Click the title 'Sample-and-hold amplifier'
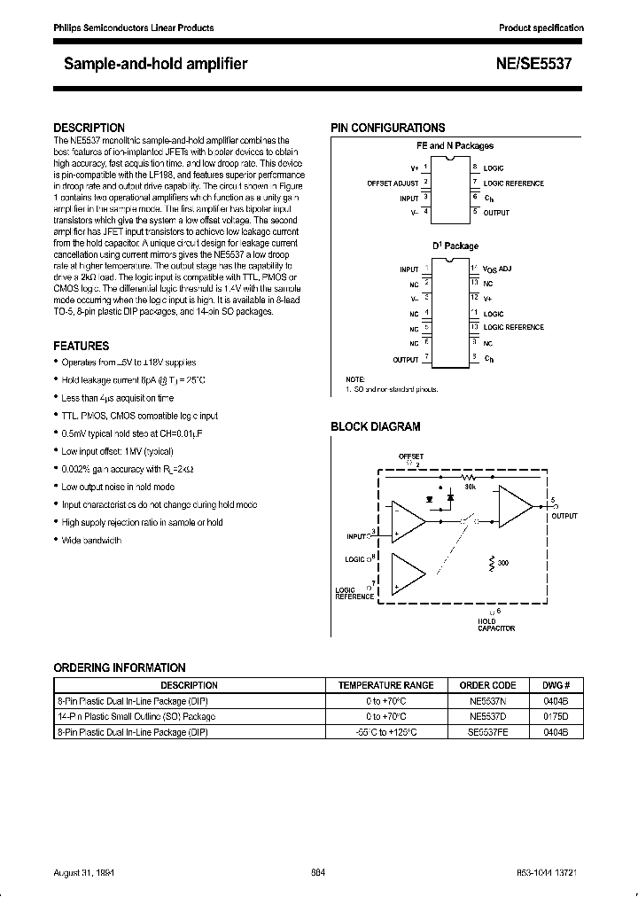[x=155, y=64]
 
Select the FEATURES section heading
[x=82, y=346]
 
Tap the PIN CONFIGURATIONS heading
[x=388, y=128]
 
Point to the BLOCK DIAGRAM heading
[x=376, y=426]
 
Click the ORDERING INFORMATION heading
[x=120, y=667]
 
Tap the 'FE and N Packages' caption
[x=455, y=145]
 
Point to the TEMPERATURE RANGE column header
[x=385, y=684]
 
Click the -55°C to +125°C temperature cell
[x=385, y=732]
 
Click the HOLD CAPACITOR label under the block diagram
[x=495, y=625]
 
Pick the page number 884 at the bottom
[x=318, y=873]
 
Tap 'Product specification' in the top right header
[x=541, y=27]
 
